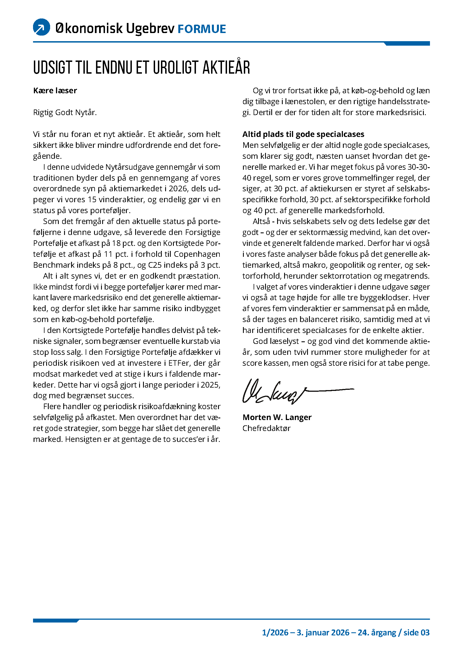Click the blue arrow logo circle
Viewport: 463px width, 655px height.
[x=42, y=27]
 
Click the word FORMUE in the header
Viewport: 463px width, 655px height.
[x=202, y=29]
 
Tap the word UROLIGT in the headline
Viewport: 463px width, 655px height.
[x=176, y=67]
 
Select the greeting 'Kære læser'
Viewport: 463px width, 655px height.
[x=55, y=91]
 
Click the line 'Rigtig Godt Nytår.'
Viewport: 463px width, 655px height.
[x=65, y=112]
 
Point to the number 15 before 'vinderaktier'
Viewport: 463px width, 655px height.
[x=92, y=199]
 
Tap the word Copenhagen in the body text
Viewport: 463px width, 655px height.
[x=197, y=254]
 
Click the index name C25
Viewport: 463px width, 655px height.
[x=155, y=265]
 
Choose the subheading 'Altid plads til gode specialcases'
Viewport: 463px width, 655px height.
[x=303, y=134]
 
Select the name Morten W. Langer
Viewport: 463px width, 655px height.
[x=277, y=417]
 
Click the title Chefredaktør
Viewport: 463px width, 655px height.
[x=266, y=428]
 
